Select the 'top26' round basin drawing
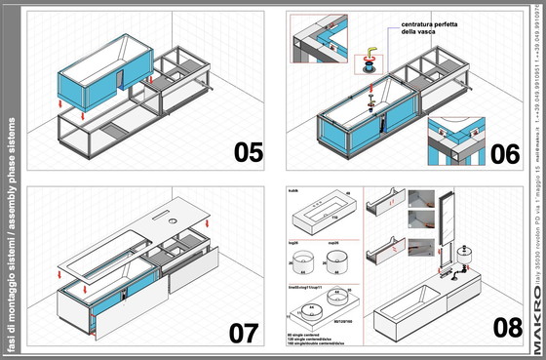click(301, 260)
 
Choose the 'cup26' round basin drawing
click(338, 260)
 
